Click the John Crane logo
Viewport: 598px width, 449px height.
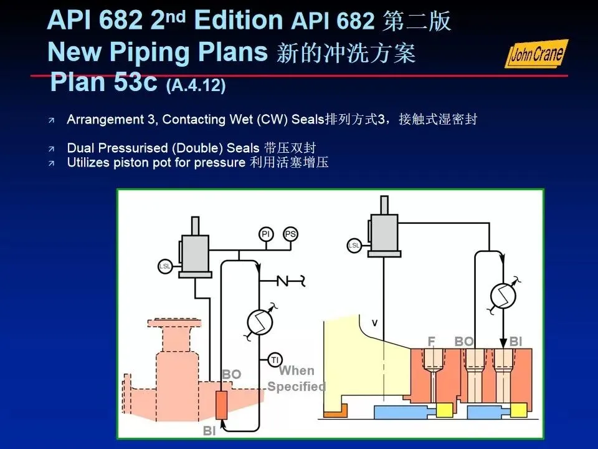pyautogui.click(x=536, y=54)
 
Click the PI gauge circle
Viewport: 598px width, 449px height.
pyautogui.click(x=266, y=234)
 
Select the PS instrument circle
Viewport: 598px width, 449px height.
pyautogui.click(x=290, y=234)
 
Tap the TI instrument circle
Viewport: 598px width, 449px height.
pyautogui.click(x=275, y=360)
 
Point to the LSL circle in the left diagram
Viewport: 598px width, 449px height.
pyautogui.click(x=165, y=266)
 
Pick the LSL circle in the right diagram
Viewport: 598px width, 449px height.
pyautogui.click(x=354, y=245)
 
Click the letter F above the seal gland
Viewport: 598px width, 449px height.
pyautogui.click(x=430, y=341)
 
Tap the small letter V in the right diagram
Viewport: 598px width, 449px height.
pyautogui.click(x=374, y=322)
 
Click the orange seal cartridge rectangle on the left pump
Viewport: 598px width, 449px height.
pyautogui.click(x=221, y=406)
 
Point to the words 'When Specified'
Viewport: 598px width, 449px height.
pyautogui.click(x=297, y=379)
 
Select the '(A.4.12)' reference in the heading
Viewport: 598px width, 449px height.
pyautogui.click(x=196, y=85)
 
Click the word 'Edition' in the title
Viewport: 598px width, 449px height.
pyautogui.click(x=237, y=21)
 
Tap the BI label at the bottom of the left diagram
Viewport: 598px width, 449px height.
pyautogui.click(x=210, y=430)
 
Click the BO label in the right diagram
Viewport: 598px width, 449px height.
pyautogui.click(x=463, y=341)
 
